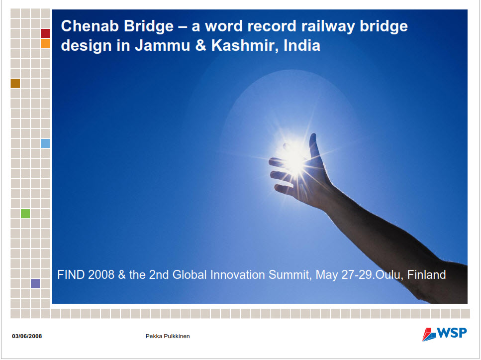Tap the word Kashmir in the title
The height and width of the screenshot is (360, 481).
coord(245,45)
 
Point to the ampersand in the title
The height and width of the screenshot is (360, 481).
coord(200,45)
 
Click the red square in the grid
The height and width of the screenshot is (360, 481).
coord(45,33)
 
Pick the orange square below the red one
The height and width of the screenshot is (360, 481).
coord(45,43)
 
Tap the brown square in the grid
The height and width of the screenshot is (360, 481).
coord(15,83)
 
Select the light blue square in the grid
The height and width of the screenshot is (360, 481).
coord(45,143)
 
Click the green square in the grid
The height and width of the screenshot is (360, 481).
coord(25,214)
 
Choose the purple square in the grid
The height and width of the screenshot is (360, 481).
coord(35,283)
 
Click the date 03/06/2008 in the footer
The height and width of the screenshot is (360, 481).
coord(27,336)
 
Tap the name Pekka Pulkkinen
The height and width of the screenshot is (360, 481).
coord(168,336)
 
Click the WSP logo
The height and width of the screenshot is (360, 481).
coord(445,334)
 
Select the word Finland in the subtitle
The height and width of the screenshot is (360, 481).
coord(426,275)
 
